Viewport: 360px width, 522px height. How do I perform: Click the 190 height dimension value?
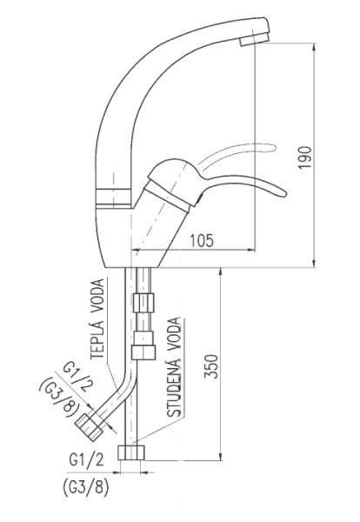tap(305, 157)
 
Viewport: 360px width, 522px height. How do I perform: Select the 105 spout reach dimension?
tap(202, 240)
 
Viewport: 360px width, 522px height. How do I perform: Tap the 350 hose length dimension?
tap(211, 366)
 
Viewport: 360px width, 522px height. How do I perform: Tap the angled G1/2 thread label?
tap(78, 378)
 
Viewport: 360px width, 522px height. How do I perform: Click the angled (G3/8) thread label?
tap(60, 398)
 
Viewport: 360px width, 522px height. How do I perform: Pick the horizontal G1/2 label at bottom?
tap(86, 459)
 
